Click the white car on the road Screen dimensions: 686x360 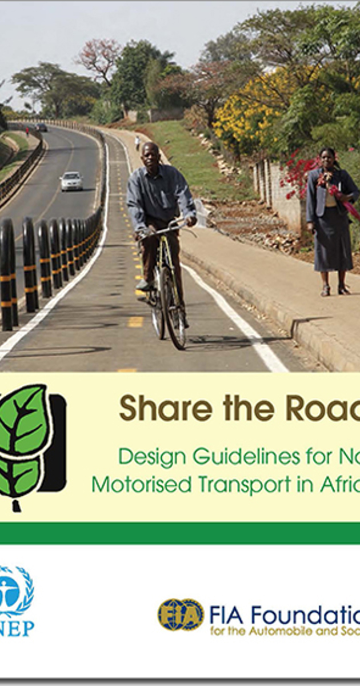pyautogui.click(x=71, y=181)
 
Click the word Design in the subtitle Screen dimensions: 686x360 pyautogui.click(x=153, y=457)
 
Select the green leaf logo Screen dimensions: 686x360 pyautogui.click(x=26, y=440)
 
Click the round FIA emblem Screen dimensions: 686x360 pyautogui.click(x=181, y=615)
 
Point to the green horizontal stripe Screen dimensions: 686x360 pyautogui.click(x=180, y=533)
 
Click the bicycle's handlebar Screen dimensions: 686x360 pyautogui.click(x=166, y=229)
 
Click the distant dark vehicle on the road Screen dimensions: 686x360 pyautogui.click(x=42, y=127)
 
